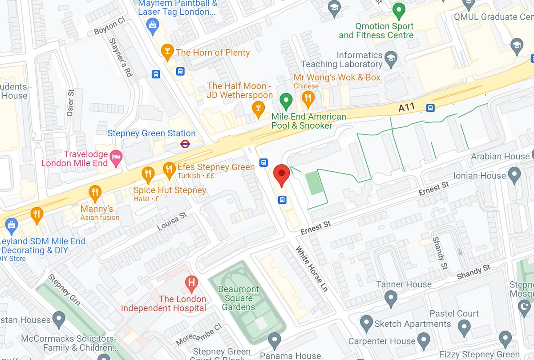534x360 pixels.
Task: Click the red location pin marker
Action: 281,174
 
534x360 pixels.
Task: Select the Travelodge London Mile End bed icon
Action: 116,157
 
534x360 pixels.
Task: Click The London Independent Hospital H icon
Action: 191,282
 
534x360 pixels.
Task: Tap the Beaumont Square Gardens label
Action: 239,298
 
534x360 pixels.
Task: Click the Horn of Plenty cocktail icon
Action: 167,52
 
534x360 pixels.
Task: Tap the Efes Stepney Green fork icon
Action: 168,168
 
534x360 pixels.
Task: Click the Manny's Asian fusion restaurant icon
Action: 94,192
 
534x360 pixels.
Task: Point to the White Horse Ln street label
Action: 312,269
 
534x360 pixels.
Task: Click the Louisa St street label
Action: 171,221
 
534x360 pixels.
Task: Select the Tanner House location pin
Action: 391,297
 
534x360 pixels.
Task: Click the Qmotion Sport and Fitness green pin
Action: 399,10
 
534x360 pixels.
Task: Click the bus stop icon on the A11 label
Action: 430,108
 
